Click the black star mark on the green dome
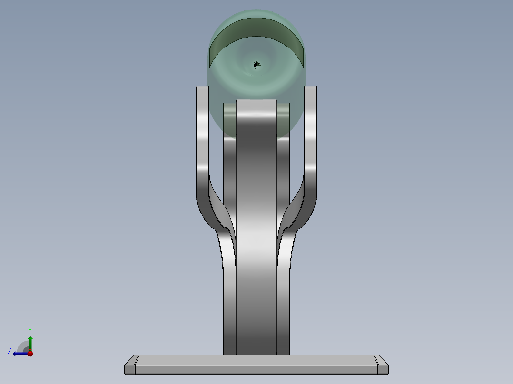pos(256,65)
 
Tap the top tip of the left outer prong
pos(202,89)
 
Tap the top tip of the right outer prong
pos(311,89)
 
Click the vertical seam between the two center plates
pos(256,228)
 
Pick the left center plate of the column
pos(247,228)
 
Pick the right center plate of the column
pos(266,228)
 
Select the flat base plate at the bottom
pos(256,365)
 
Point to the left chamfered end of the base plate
pos(130,365)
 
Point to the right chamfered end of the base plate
pos(382,365)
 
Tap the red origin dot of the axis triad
pos(30,353)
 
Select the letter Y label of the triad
pos(30,330)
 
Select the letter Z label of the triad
pos(10,351)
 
